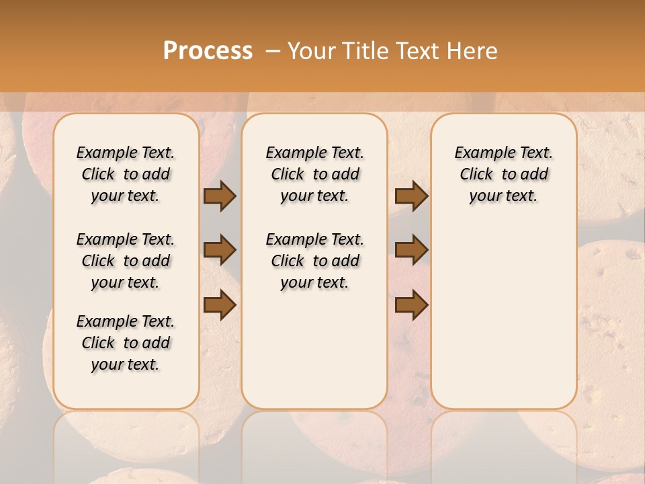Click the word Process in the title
pyautogui.click(x=208, y=51)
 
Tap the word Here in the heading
pyautogui.click(x=473, y=51)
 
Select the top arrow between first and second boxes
pyautogui.click(x=219, y=196)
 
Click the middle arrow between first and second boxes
pyautogui.click(x=219, y=251)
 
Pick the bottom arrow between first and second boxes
pyautogui.click(x=219, y=305)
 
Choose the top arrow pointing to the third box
pyautogui.click(x=411, y=196)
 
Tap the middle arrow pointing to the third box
pyautogui.click(x=411, y=251)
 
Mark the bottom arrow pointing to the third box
pyautogui.click(x=411, y=305)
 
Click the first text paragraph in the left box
pyautogui.click(x=126, y=174)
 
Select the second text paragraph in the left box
pyautogui.click(x=126, y=261)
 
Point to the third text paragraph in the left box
pyautogui.click(x=126, y=343)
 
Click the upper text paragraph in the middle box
pyautogui.click(x=314, y=174)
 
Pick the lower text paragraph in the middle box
pyautogui.click(x=314, y=261)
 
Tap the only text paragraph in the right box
pyautogui.click(x=503, y=174)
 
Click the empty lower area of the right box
pyautogui.click(x=503, y=323)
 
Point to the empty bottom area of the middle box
pyautogui.click(x=314, y=356)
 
